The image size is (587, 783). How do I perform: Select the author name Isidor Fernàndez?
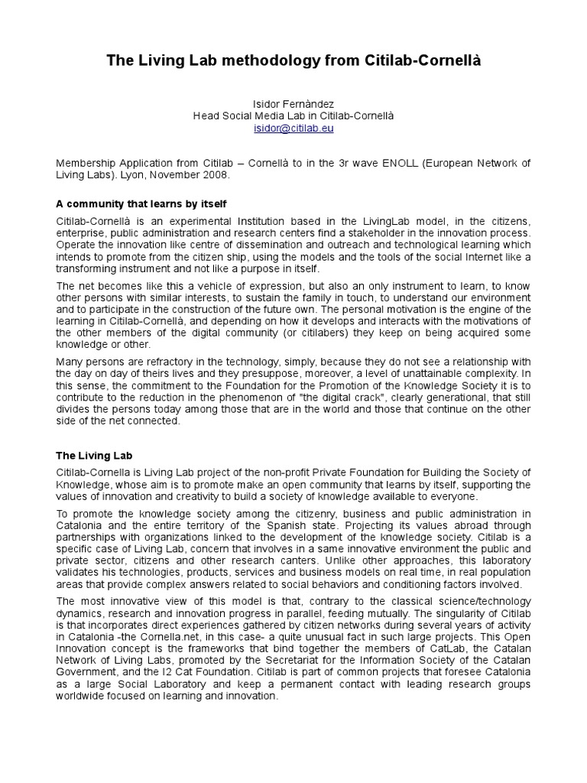click(293, 103)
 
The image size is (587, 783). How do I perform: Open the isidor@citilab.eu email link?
click(293, 128)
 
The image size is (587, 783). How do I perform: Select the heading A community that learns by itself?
click(141, 204)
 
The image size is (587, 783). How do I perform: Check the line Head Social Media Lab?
click(293, 115)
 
